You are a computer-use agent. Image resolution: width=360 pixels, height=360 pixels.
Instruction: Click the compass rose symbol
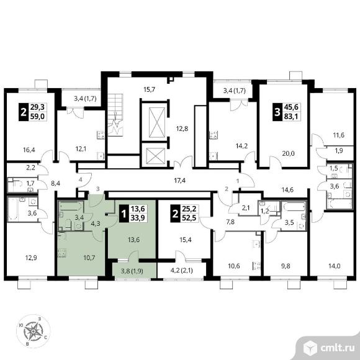click(34, 331)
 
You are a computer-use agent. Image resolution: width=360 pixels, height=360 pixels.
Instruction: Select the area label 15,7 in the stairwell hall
click(150, 89)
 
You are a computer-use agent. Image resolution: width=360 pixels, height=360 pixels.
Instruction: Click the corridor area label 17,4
click(180, 181)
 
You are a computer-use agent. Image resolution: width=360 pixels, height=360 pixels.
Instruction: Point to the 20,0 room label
click(288, 153)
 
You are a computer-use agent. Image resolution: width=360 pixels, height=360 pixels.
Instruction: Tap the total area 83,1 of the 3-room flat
click(291, 117)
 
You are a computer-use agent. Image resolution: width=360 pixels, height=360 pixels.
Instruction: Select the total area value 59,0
click(37, 117)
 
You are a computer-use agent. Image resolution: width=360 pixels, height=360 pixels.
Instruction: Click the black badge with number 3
click(277, 112)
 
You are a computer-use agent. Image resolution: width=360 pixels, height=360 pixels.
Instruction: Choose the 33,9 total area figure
click(138, 218)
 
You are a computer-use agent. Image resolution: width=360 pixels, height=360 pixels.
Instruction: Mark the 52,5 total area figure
click(189, 218)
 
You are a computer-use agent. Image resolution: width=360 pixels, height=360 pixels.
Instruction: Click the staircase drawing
click(115, 115)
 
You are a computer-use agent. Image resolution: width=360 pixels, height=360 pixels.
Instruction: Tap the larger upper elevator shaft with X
click(157, 122)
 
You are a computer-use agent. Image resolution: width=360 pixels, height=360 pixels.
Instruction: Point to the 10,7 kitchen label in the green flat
click(89, 258)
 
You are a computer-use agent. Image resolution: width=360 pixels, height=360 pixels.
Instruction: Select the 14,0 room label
click(334, 266)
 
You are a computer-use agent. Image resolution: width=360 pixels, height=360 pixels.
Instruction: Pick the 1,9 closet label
click(339, 151)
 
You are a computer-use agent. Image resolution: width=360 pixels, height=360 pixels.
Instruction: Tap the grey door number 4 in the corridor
click(80, 179)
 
